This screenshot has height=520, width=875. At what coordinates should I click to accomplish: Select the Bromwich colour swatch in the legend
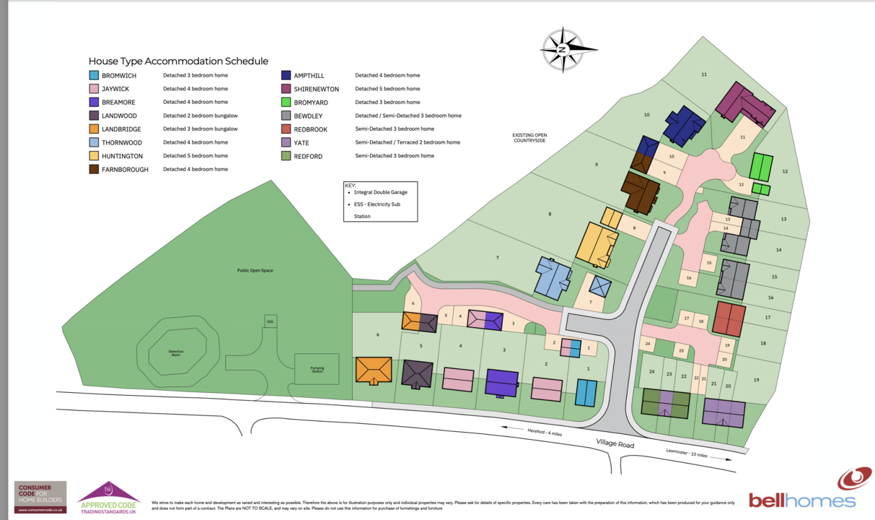94,75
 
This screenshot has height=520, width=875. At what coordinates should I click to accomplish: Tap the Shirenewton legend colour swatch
286,89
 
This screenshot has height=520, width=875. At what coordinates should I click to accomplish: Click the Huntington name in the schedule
122,156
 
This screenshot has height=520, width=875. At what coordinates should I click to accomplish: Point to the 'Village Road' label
615,443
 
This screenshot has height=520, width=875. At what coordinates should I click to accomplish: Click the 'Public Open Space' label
255,270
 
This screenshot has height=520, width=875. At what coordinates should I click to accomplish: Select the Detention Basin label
176,353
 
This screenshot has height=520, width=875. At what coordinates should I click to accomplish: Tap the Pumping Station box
317,368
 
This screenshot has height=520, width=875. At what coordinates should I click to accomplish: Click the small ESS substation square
271,321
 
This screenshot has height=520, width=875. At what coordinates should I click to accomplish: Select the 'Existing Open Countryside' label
529,137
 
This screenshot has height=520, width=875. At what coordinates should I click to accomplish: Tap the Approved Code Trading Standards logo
107,498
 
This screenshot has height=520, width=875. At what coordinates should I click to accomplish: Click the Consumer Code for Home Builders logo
40,497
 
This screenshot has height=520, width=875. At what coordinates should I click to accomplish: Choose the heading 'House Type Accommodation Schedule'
178,61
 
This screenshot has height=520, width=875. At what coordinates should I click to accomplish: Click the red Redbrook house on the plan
729,318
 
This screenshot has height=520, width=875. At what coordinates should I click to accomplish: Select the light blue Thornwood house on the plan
553,278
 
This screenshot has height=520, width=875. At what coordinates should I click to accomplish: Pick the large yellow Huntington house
597,244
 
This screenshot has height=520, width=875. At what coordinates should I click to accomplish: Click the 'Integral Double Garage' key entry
382,193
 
